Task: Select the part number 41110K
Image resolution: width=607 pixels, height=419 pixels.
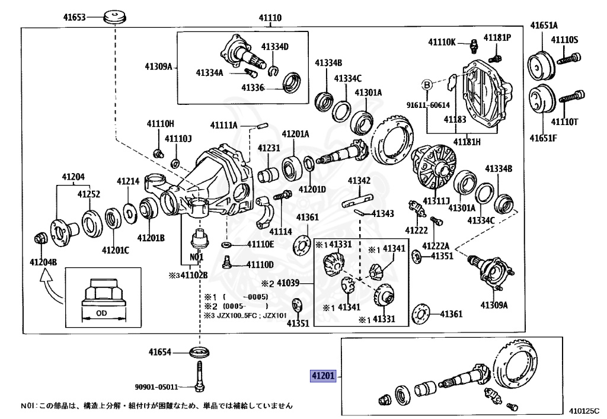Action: [x=443, y=41]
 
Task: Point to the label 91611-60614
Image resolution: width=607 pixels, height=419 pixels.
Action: [x=428, y=105]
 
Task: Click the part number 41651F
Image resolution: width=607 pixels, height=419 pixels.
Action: [x=544, y=138]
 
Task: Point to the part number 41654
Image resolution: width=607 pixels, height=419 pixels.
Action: [x=160, y=352]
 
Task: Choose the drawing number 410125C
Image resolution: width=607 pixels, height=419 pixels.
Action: [x=584, y=409]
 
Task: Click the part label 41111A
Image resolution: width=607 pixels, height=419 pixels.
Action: [x=223, y=125]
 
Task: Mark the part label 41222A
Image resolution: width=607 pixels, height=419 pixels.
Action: [x=436, y=245]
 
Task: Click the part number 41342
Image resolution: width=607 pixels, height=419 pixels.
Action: [x=359, y=180]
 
